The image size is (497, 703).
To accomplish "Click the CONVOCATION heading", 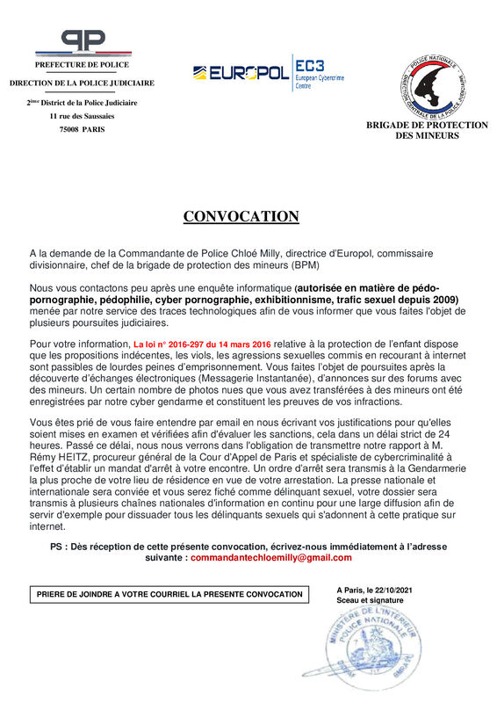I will point(241,216).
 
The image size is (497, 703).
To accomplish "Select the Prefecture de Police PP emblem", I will point(82,41).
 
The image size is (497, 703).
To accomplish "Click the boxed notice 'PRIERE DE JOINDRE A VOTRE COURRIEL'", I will point(169,594).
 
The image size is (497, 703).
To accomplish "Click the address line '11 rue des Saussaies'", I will point(82,115).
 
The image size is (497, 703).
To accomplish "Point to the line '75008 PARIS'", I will point(82,129).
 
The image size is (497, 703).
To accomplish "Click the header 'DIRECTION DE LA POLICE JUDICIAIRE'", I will point(82,83).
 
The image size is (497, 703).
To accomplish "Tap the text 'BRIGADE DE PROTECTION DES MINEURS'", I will point(427,130).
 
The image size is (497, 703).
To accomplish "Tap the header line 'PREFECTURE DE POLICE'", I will point(82,64).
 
